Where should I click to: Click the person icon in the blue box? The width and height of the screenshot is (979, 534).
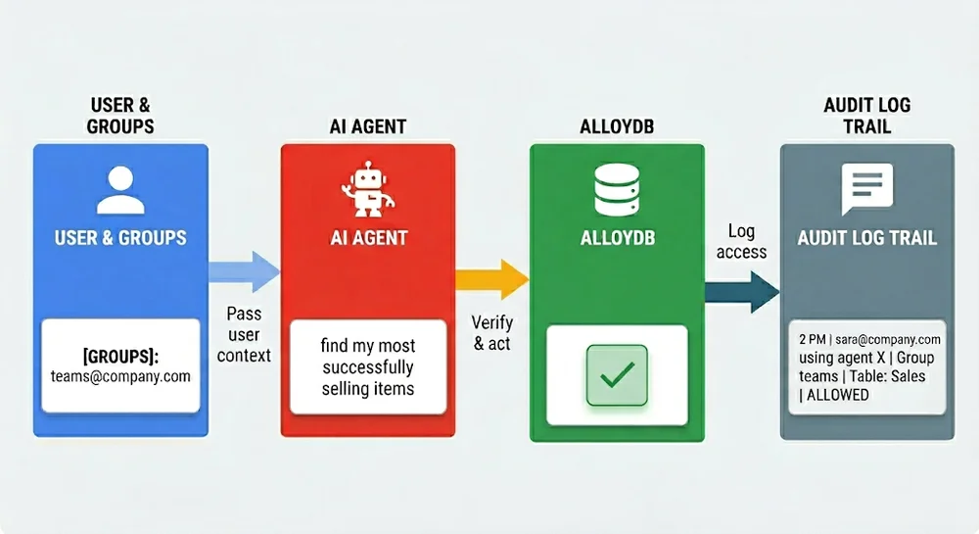(x=120, y=190)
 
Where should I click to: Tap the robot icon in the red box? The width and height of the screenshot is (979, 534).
(x=368, y=189)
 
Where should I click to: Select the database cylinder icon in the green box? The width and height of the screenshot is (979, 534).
(x=617, y=190)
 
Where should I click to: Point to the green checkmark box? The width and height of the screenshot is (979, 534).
(x=617, y=375)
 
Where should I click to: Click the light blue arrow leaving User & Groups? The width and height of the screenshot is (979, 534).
(x=244, y=271)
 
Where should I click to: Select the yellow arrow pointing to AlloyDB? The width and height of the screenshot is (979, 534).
(x=492, y=279)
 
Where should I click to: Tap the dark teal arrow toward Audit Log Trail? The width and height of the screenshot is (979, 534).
(x=742, y=292)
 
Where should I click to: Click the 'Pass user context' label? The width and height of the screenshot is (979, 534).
(x=244, y=334)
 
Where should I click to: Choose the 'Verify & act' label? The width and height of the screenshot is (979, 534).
(x=492, y=333)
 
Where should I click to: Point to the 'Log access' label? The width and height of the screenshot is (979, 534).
(x=741, y=241)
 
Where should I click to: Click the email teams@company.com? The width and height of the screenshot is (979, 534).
(x=120, y=376)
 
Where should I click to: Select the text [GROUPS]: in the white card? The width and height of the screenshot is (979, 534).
(x=120, y=357)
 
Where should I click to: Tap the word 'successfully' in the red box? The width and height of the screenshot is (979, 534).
(x=368, y=366)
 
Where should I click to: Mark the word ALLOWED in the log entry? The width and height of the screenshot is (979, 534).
(x=838, y=395)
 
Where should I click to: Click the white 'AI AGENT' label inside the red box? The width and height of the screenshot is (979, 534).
(x=368, y=238)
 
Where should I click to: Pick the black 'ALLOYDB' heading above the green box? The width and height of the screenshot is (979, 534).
(x=617, y=126)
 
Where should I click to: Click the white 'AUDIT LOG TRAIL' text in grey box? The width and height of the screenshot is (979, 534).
(x=866, y=238)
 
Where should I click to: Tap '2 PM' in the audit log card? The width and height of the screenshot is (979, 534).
(x=813, y=340)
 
